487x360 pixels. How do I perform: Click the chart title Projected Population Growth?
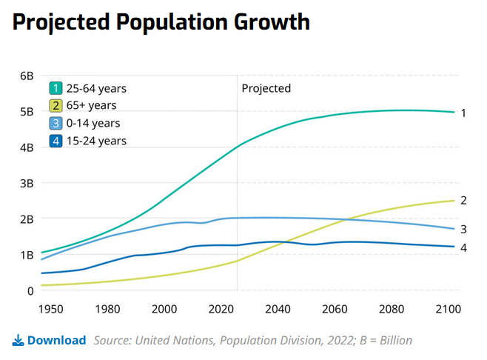[161, 22]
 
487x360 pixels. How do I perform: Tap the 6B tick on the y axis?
[26, 76]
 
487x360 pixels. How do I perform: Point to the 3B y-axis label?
[26, 183]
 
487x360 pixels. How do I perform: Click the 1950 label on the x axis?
[51, 308]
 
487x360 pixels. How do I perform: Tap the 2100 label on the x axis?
[448, 308]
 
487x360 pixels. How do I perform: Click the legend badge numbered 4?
[56, 141]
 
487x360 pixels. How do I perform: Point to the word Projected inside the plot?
[266, 88]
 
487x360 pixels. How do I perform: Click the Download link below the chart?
[56, 341]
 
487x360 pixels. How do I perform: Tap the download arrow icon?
[19, 341]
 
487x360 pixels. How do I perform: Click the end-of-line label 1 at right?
[463, 113]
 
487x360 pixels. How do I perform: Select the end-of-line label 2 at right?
[463, 200]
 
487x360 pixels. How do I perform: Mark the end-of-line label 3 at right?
[463, 230]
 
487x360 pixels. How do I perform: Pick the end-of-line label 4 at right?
[463, 247]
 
